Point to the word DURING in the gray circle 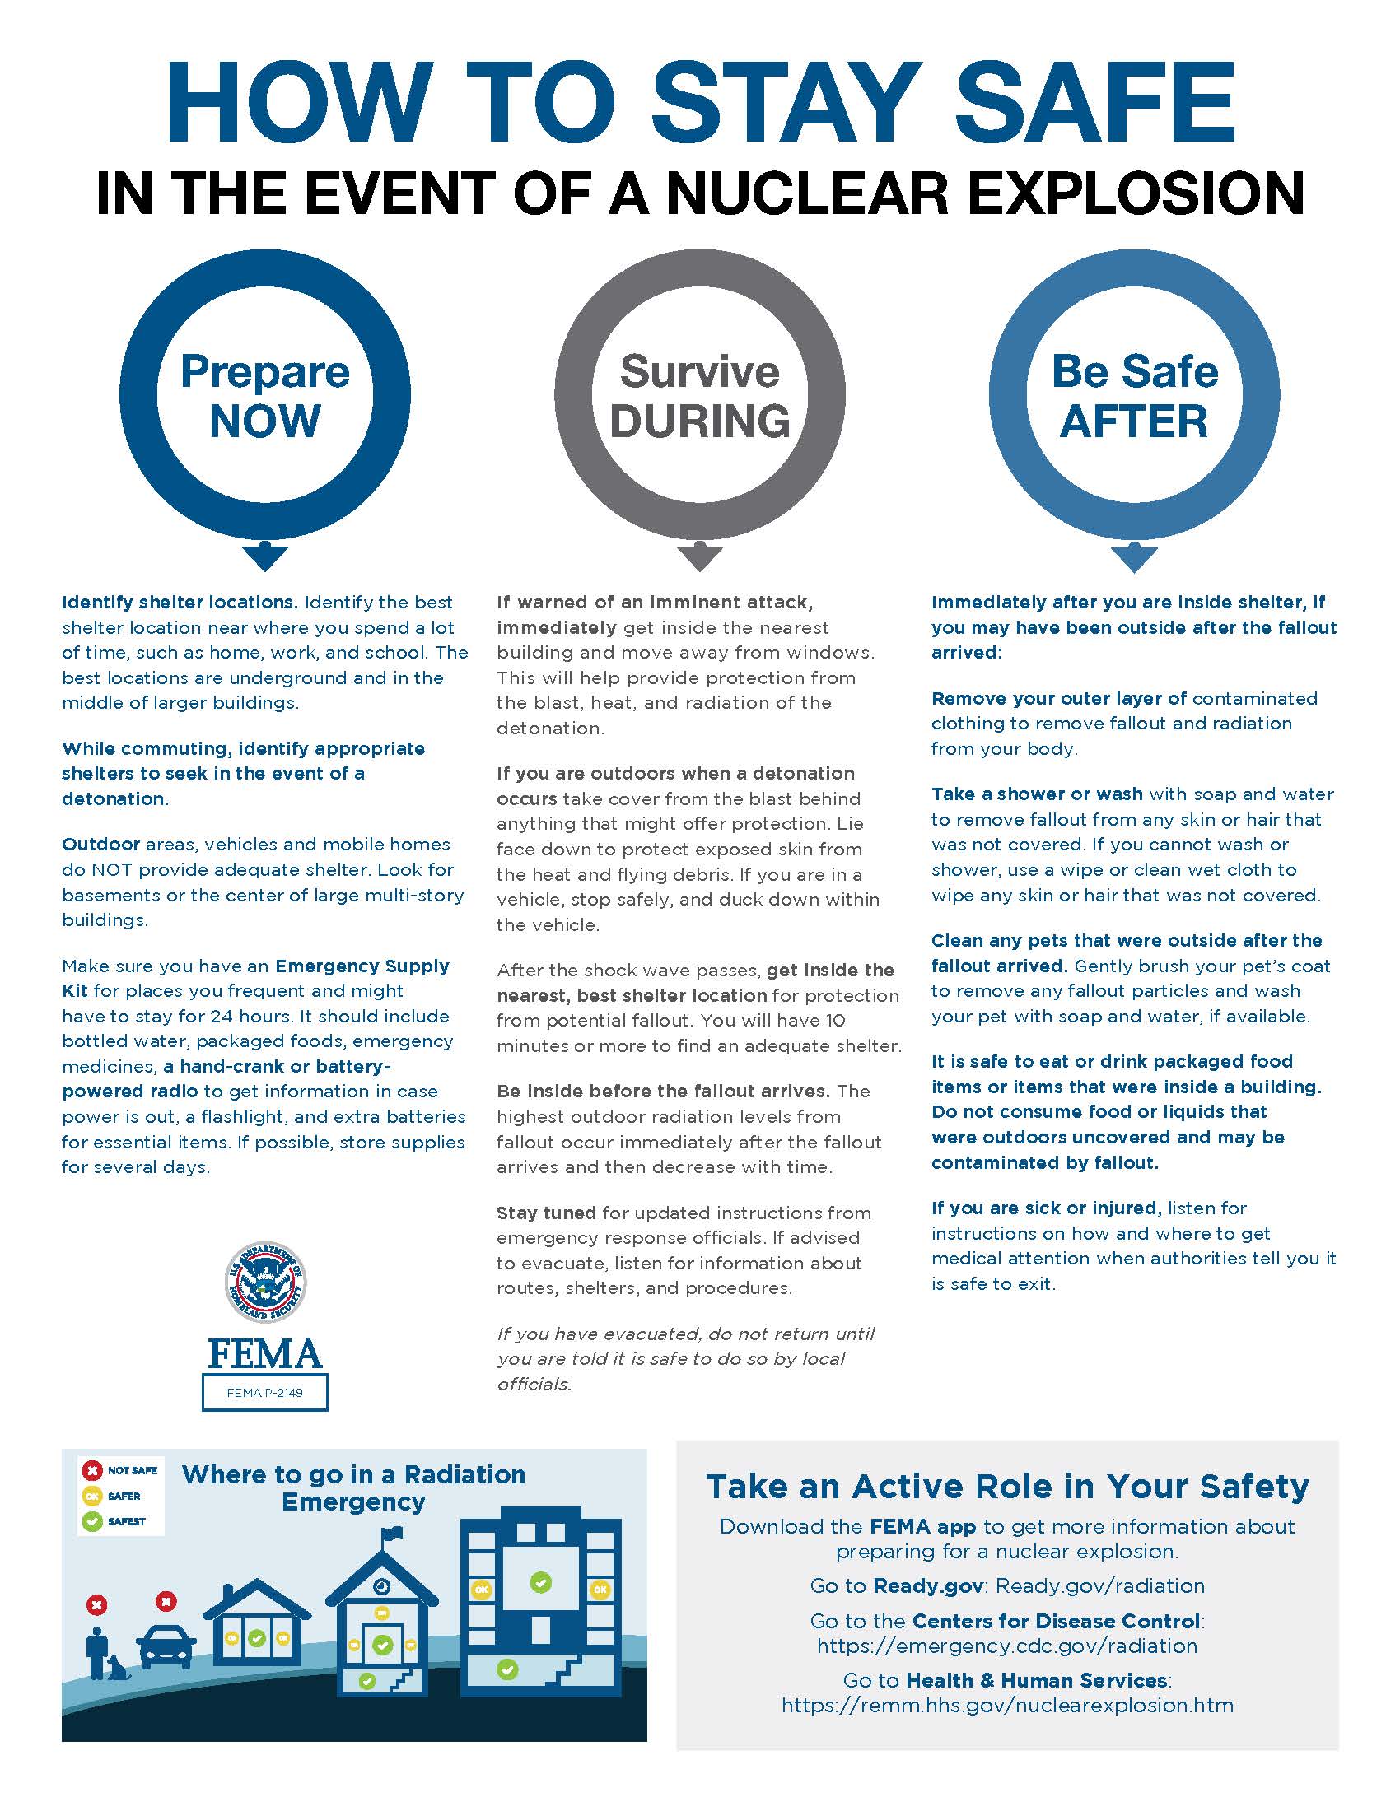coord(700,421)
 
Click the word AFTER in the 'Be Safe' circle coord(1134,421)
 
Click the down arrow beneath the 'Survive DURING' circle coord(699,556)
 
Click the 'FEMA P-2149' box coord(264,1392)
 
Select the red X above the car coord(166,1601)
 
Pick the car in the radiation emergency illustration coord(166,1644)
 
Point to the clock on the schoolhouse coord(381,1586)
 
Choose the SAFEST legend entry coord(115,1521)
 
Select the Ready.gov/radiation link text coord(1099,1585)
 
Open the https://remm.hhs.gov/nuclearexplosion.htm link coord(1007,1705)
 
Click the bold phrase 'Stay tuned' coord(546,1213)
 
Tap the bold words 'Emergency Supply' coord(362,966)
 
